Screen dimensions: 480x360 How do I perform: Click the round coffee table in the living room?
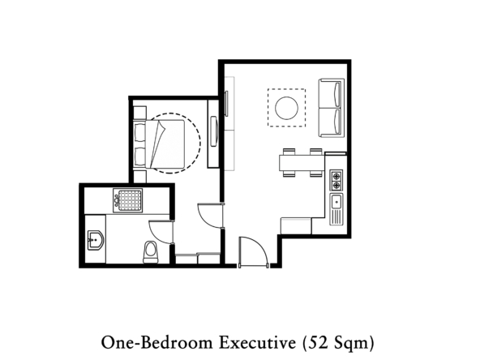pos(286,108)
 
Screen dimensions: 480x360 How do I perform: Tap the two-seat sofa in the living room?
pos(332,108)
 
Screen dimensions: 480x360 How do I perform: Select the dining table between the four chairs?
pos(302,163)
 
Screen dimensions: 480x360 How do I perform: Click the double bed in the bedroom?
pos(159,144)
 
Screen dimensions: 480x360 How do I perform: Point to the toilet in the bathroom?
pos(150,252)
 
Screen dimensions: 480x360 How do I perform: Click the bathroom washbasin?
pos(96,239)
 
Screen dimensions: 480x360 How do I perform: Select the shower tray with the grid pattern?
pos(127,200)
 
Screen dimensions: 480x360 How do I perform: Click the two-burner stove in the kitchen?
pos(336,180)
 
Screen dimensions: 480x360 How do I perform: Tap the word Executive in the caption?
pos(258,342)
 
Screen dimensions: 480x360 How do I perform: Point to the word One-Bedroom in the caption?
pos(156,342)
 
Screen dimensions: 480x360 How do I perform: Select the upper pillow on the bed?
pos(140,132)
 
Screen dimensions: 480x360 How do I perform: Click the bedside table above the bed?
pos(140,113)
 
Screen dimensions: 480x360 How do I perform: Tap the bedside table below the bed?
pos(140,177)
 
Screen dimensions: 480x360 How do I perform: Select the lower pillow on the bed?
pos(140,156)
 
